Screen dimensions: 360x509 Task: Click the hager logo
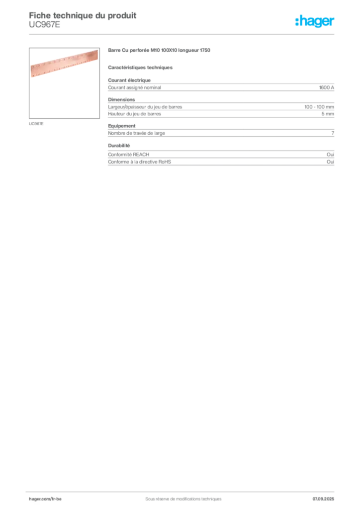point(314,21)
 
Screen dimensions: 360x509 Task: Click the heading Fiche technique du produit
point(83,15)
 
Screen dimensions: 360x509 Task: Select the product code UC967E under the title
point(44,25)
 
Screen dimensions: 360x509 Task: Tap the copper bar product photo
point(64,64)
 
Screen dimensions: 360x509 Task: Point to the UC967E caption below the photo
point(36,124)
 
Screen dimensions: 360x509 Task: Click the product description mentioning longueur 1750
point(159,50)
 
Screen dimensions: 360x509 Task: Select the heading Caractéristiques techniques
point(140,68)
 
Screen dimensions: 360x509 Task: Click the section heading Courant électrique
point(129,80)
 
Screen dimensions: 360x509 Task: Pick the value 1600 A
point(326,87)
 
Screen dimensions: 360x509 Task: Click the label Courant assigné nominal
point(134,87)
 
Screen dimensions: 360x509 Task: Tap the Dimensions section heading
point(121,99)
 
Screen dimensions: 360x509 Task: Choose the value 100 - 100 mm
point(319,107)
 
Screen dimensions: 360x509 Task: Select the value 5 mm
point(328,114)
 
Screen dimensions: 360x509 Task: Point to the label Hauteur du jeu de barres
point(134,114)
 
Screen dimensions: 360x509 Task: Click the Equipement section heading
point(122,126)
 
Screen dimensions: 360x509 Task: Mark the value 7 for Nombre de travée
point(333,133)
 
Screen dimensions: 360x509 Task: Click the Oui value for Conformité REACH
point(330,155)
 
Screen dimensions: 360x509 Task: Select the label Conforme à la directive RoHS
point(139,162)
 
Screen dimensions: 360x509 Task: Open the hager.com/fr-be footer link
point(45,499)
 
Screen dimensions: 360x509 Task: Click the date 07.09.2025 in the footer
point(323,499)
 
